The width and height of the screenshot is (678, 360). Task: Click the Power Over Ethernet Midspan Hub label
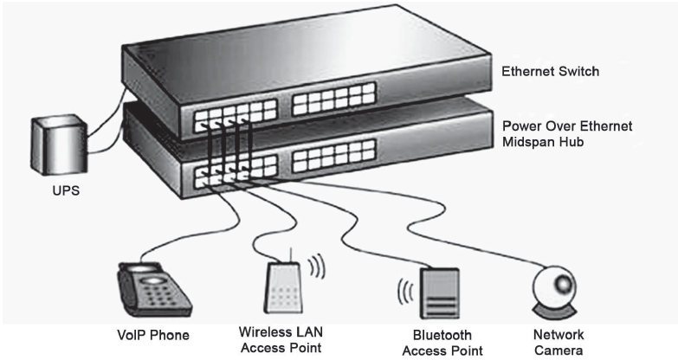[x=567, y=133]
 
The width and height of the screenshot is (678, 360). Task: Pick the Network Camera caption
[x=558, y=341]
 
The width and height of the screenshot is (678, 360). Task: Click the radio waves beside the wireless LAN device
[x=317, y=264]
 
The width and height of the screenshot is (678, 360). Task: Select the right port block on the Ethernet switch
[x=326, y=103]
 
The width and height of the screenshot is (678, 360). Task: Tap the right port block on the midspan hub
[x=325, y=162]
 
